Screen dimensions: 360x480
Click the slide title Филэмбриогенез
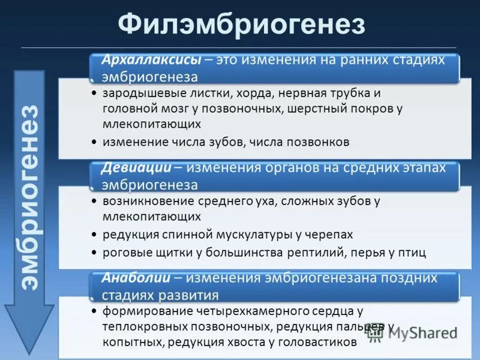(x=241, y=26)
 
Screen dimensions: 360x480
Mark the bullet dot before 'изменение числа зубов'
(x=94, y=143)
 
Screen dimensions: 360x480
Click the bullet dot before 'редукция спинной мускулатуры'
(x=94, y=235)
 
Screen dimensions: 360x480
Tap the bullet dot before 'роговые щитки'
(x=94, y=253)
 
